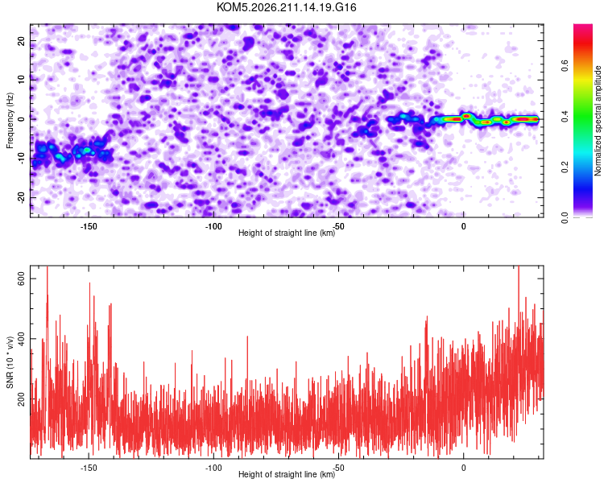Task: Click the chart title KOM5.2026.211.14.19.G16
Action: point(286,7)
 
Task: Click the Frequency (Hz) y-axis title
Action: point(10,121)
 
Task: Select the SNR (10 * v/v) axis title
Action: point(10,362)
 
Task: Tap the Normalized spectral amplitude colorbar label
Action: point(598,121)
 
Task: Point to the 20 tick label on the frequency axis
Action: point(21,40)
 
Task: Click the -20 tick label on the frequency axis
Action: point(21,197)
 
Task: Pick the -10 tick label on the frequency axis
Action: point(21,159)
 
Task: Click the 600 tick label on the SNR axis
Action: point(21,279)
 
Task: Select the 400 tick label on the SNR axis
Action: point(21,339)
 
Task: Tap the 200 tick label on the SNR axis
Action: point(21,398)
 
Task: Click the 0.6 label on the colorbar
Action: point(565,65)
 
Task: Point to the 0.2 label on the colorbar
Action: point(565,167)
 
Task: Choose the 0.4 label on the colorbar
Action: point(565,116)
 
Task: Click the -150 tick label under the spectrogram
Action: point(89,226)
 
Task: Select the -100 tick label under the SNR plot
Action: point(213,468)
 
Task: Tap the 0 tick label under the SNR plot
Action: point(463,468)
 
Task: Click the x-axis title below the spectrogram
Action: point(287,233)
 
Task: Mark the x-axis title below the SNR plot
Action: point(287,474)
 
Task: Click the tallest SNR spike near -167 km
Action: point(48,267)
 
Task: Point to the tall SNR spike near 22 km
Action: point(519,267)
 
